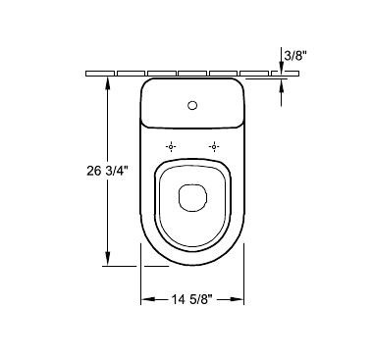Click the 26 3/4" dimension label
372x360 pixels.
coord(106,171)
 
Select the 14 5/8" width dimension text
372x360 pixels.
coord(192,299)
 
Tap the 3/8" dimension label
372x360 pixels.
coord(295,56)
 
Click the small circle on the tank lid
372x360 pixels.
coord(192,105)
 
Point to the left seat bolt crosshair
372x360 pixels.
coord(171,147)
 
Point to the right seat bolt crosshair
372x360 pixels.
coord(214,147)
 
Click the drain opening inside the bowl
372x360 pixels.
coord(192,197)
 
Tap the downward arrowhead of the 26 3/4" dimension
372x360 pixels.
coord(108,259)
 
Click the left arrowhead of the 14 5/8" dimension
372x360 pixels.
coord(147,299)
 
